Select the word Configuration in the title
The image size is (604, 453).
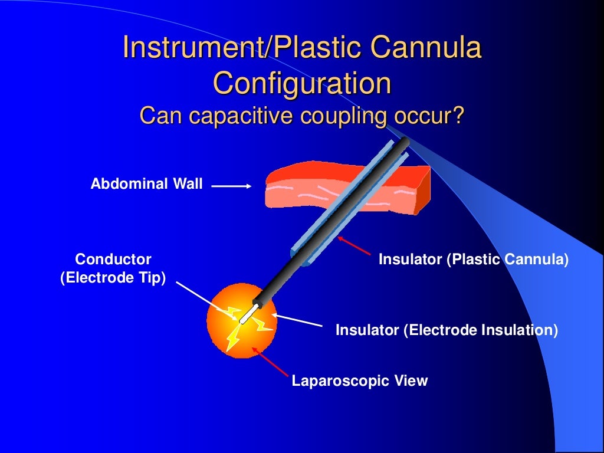301,83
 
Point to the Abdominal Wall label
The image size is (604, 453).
146,184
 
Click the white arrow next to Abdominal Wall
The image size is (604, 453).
231,186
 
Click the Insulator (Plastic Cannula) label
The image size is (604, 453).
473,260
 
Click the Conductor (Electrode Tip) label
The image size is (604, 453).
113,268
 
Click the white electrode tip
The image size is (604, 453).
248,314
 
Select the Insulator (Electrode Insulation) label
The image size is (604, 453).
446,330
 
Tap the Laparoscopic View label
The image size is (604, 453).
359,381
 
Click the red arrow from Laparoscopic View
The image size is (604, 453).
271,362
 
